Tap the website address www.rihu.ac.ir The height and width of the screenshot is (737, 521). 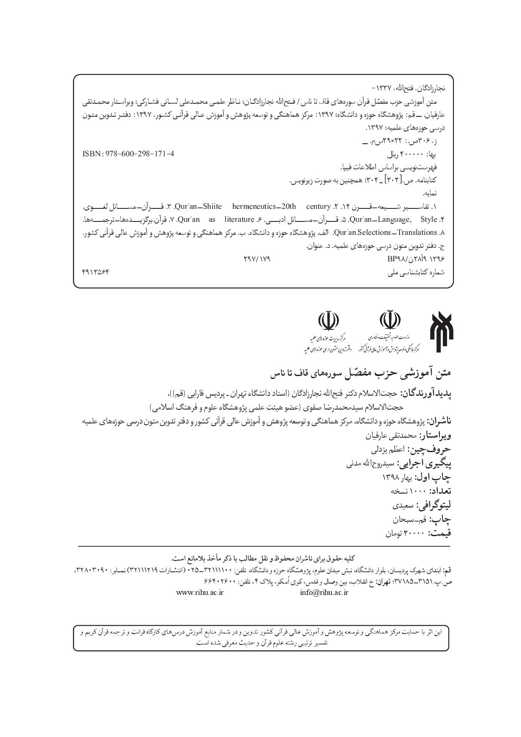pyautogui.click(x=200, y=592)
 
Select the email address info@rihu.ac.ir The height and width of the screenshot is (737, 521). pyautogui.click(x=324, y=592)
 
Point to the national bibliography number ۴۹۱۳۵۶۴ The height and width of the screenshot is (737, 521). pyautogui.click(x=95, y=272)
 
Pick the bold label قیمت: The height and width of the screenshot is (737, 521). pyautogui.click(x=439, y=533)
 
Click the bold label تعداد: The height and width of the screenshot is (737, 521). pyautogui.click(x=440, y=491)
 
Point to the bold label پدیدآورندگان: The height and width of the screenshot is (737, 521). pyautogui.click(x=426, y=393)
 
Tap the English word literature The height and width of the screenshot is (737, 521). pyautogui.click(x=239, y=219)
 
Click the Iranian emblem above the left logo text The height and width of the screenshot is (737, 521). pyautogui.click(x=329, y=321)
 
